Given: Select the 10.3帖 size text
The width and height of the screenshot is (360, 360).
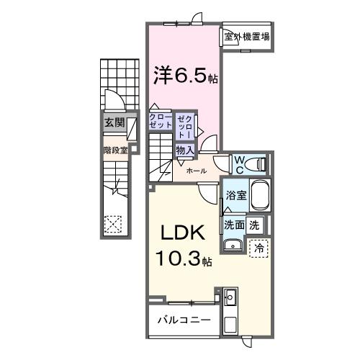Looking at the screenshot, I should coord(182,258).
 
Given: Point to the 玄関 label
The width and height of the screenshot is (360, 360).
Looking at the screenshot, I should coord(114,122).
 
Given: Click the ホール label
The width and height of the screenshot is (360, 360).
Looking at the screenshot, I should coord(197,171).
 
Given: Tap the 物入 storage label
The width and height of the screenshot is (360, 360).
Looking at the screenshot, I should coord(185,150).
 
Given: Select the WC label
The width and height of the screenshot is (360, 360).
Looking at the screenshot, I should coord(238,163).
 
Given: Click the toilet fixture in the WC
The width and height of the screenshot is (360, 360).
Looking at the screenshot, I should coord(256,164).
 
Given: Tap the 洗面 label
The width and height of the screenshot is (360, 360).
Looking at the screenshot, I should coord(233,225).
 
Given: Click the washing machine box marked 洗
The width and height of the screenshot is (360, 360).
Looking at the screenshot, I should coord(254,225).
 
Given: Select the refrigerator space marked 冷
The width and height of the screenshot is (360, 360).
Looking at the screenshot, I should coord(258,247).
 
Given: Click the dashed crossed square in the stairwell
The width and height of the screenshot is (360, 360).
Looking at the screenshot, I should coord(113,224).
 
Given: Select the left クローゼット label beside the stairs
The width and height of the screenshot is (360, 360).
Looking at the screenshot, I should coord(160,121).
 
